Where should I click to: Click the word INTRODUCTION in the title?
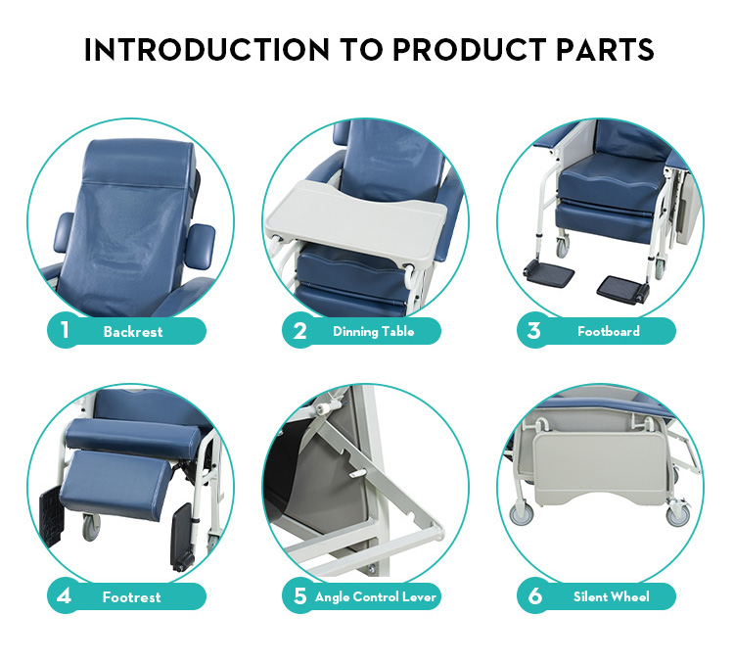pyautogui.click(x=206, y=50)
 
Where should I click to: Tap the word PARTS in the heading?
pyautogui.click(x=605, y=50)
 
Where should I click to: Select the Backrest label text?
pyautogui.click(x=133, y=332)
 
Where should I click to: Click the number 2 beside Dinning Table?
pyautogui.click(x=299, y=331)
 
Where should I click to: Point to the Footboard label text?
pyautogui.click(x=608, y=331)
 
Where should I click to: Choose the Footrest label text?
pyautogui.click(x=131, y=597)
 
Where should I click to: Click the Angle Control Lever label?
pyautogui.click(x=376, y=597)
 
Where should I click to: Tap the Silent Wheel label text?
pyautogui.click(x=612, y=596)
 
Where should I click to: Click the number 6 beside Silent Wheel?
pyautogui.click(x=534, y=596)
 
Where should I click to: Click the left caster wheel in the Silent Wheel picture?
pyautogui.click(x=521, y=514)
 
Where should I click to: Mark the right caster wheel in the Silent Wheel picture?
pyautogui.click(x=677, y=514)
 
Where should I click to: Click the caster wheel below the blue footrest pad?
pyautogui.click(x=91, y=527)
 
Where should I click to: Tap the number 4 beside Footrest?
pyautogui.click(x=65, y=596)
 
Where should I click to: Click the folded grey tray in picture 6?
pyautogui.click(x=600, y=468)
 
